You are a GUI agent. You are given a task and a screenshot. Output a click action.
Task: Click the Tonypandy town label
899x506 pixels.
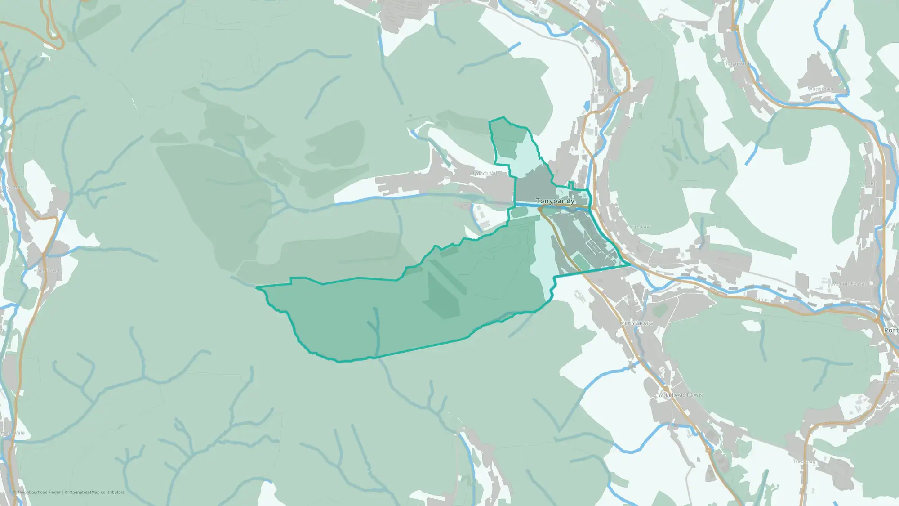pyautogui.click(x=555, y=201)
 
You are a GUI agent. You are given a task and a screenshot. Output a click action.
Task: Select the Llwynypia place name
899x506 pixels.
pyautogui.click(x=605, y=90)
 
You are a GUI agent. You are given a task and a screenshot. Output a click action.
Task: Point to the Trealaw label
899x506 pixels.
pyautogui.click(x=641, y=227)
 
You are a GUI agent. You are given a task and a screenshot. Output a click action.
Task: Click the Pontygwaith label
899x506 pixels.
pyautogui.click(x=736, y=64)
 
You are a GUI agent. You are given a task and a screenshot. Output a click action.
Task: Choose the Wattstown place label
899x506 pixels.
pyautogui.click(x=820, y=89)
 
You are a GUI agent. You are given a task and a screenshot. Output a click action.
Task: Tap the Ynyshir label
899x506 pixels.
pyautogui.click(x=868, y=184)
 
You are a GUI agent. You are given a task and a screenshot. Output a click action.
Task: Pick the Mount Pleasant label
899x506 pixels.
pyautogui.click(x=851, y=284)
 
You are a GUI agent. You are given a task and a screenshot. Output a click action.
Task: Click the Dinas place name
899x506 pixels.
pyautogui.click(x=761, y=300)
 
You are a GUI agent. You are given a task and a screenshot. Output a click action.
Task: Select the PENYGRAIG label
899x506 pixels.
pyautogui.click(x=636, y=323)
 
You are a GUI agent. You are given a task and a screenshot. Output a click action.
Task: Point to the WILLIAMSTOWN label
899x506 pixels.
pyautogui.click(x=680, y=395)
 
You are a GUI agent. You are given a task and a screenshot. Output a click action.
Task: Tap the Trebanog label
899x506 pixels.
pyautogui.click(x=804, y=461)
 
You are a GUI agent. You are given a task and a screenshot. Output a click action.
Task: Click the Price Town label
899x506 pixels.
pyautogui.click(x=45, y=271)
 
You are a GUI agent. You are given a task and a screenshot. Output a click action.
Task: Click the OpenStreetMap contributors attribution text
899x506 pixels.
pyautogui.click(x=97, y=492)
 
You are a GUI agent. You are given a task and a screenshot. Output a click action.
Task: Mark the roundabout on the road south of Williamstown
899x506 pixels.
pyautogui.click(x=708, y=450)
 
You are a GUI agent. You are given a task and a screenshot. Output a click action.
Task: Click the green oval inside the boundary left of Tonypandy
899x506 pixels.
pyautogui.click(x=519, y=212)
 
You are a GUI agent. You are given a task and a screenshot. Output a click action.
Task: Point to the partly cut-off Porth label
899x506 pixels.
pyautogui.click(x=891, y=330)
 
